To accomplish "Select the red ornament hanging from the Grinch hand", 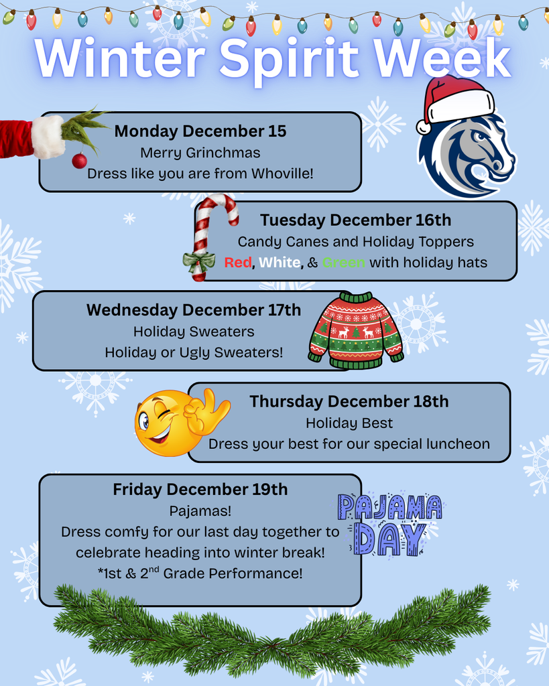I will point(79,161).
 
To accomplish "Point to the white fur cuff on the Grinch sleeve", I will point(48,137).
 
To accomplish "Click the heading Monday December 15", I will point(200,131).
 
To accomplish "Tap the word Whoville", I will point(282,174).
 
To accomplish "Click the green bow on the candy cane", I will point(198,261).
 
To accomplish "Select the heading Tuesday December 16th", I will point(355,220).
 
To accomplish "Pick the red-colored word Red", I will point(237,263).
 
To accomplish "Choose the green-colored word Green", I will point(343,263).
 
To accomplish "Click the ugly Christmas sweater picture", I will point(355,330).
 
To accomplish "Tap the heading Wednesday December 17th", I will point(194,310).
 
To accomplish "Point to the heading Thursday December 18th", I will point(349,402).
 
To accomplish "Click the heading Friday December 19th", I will point(200,490).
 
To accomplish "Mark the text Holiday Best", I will point(349,423).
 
